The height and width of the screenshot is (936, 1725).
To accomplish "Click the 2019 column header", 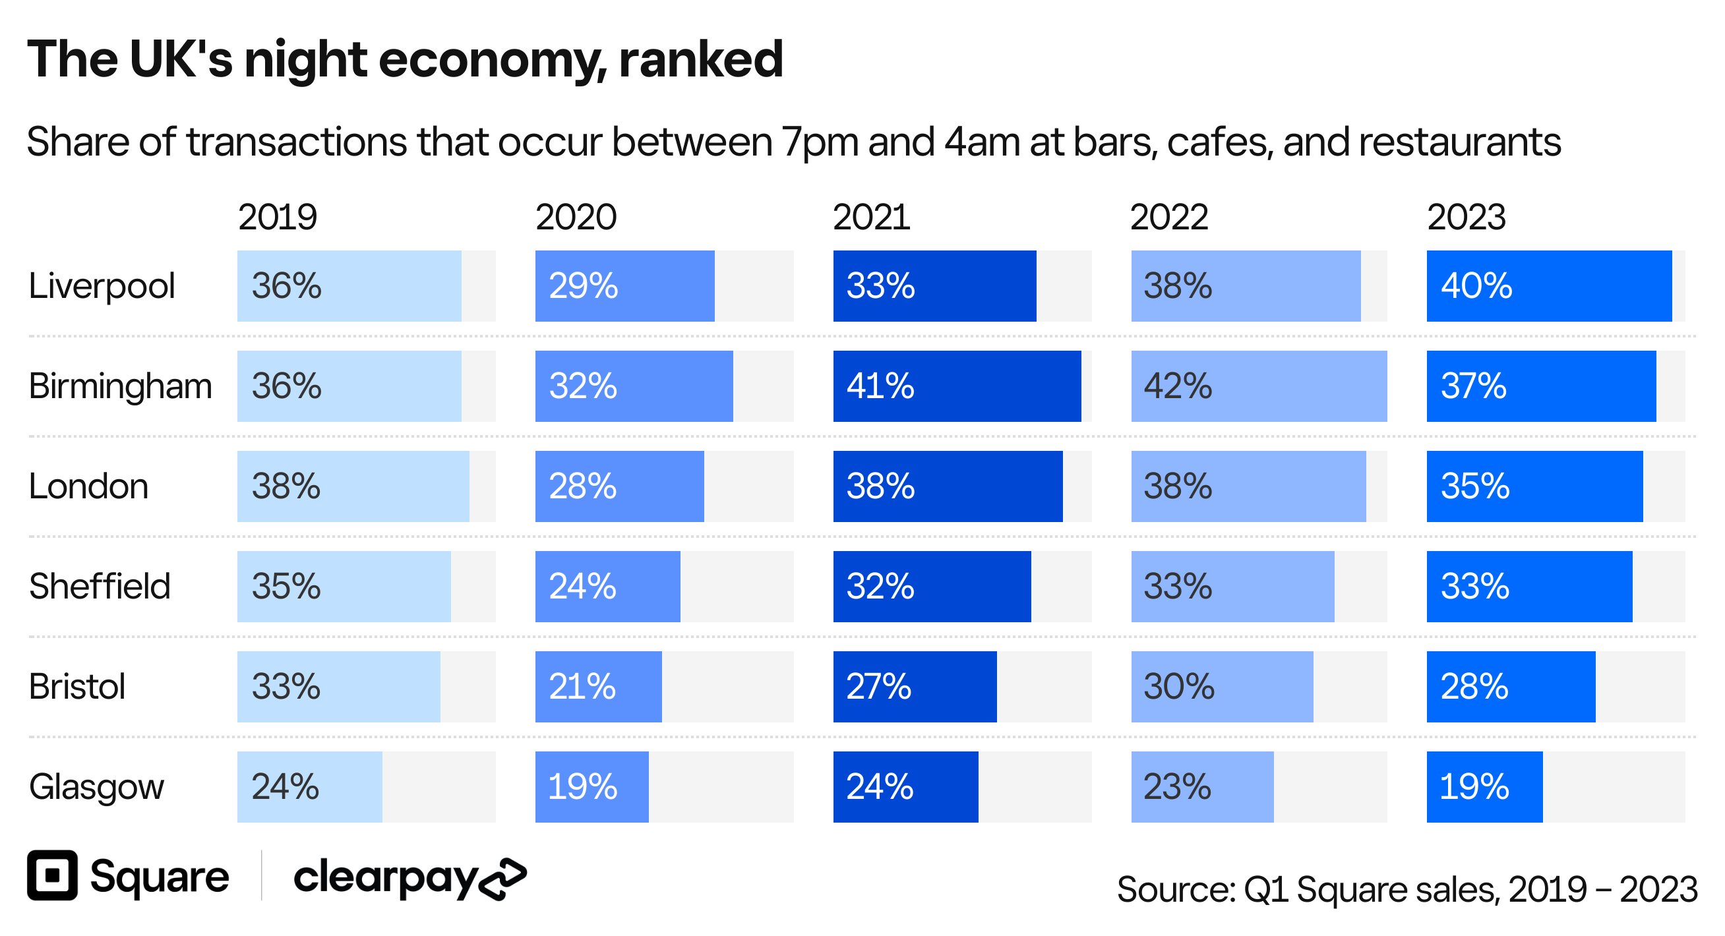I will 277,217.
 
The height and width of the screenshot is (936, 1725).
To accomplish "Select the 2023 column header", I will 1466,217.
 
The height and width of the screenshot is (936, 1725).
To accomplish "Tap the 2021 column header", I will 871,217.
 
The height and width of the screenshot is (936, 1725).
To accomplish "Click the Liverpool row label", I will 102,286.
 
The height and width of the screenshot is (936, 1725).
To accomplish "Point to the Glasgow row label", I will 96,786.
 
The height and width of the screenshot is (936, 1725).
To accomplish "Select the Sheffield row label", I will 100,587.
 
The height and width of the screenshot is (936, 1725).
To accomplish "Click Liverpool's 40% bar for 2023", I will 1548,286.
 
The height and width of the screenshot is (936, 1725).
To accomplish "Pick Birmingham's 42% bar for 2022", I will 1259,386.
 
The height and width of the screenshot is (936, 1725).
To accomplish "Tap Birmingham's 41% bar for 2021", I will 956,386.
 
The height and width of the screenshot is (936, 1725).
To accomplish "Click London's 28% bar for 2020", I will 619,486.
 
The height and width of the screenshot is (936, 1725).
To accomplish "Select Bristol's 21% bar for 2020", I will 598,686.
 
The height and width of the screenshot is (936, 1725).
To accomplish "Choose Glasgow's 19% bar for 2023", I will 1484,786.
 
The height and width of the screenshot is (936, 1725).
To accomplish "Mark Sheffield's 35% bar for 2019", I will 344,587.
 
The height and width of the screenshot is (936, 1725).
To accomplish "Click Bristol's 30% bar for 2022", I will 1221,686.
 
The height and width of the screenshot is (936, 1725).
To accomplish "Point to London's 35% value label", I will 1474,486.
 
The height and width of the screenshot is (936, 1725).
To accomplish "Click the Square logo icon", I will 52,875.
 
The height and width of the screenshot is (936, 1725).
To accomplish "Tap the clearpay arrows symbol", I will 504,878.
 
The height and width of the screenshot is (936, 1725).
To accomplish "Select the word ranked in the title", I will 700,59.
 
